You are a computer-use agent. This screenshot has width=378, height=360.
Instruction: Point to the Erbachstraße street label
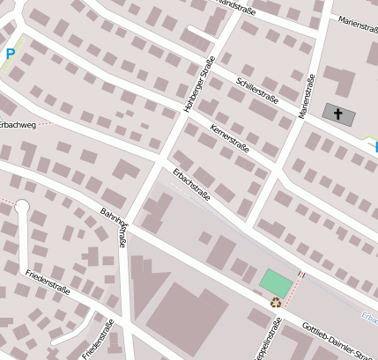[x=191, y=183]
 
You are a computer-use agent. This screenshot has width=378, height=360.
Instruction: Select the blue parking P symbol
[x=11, y=54]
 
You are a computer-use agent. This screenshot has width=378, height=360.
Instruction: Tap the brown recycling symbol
[x=276, y=303]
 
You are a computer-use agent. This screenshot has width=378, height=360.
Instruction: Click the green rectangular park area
[x=276, y=283]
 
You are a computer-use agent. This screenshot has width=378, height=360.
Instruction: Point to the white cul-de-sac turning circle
[x=23, y=208]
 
